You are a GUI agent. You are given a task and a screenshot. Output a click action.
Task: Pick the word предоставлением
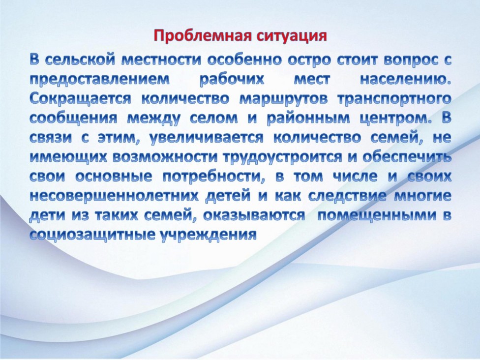coord(99,80)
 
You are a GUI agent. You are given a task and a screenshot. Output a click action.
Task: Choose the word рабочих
coord(231,80)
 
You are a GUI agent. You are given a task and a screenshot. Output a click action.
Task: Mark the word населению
coord(405,80)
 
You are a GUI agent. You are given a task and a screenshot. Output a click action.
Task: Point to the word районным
coord(308,119)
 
